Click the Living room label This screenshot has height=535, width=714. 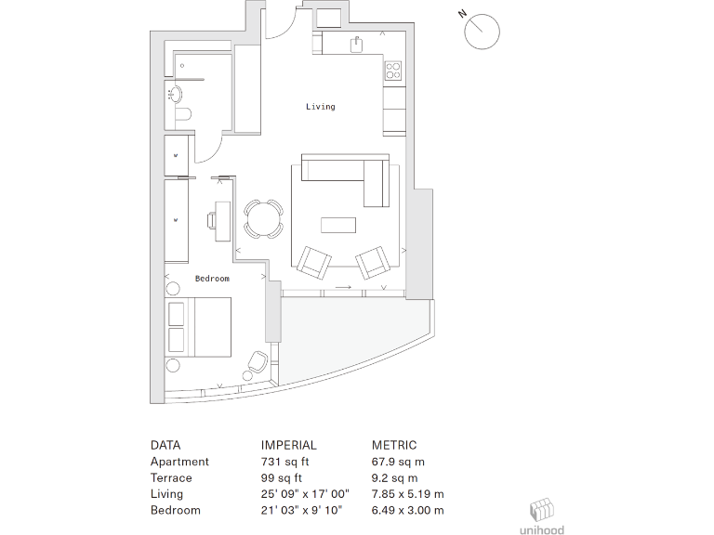tap(320, 107)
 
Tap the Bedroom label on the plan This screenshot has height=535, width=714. tap(211, 279)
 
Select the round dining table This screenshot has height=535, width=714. tap(263, 220)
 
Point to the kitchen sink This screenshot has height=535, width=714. tap(356, 44)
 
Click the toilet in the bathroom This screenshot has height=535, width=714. tap(181, 114)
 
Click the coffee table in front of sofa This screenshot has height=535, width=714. tap(337, 225)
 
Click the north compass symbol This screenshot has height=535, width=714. tap(481, 30)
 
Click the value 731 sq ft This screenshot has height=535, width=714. tap(285, 462)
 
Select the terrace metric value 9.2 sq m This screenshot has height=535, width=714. tap(397, 478)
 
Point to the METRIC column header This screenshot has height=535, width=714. tap(394, 445)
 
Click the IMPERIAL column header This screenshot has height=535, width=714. tap(289, 445)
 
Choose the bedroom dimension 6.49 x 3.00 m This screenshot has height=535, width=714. tap(407, 510)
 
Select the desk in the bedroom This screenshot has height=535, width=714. tap(223, 221)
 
